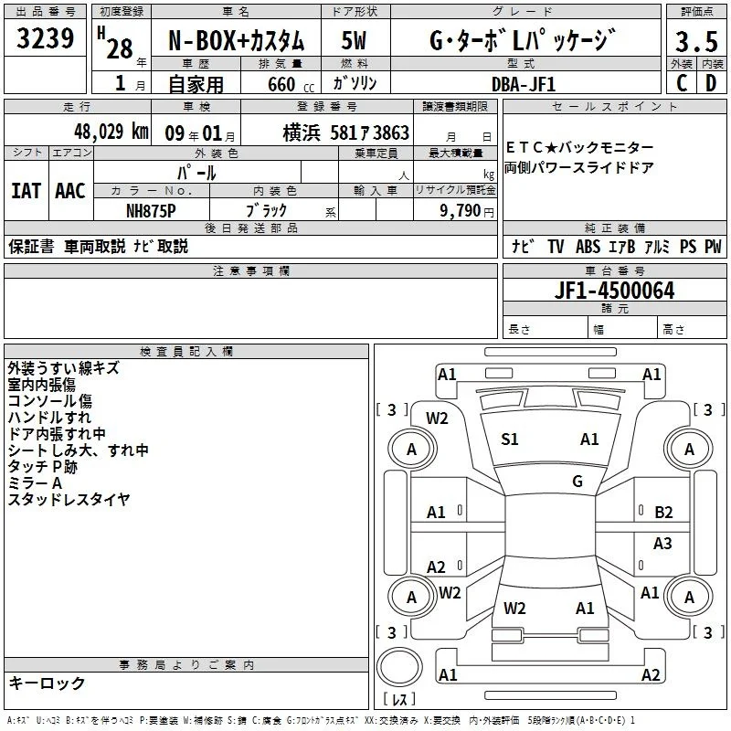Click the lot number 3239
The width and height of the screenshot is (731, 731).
[45, 38]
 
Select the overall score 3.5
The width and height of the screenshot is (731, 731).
[696, 41]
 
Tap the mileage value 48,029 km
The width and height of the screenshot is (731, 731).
[111, 132]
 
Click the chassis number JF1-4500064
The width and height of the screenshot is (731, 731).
[614, 291]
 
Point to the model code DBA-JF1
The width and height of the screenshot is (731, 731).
[523, 84]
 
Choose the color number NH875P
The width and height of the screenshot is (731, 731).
[151, 211]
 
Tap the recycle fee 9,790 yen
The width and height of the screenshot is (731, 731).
[467, 211]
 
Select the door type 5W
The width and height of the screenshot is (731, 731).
[354, 40]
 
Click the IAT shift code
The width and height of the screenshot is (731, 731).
[26, 191]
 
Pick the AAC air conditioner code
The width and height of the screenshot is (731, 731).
[70, 191]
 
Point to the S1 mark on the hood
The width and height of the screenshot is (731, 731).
[510, 440]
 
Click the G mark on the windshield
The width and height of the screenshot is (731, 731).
[577, 482]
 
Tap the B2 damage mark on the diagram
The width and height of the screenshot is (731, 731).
[663, 513]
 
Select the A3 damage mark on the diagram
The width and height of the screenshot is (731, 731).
[662, 543]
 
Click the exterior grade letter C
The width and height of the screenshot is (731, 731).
[682, 83]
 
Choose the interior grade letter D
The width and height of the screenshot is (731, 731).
[711, 83]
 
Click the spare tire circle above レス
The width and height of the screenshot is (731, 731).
[399, 667]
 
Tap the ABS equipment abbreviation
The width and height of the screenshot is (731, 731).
[588, 247]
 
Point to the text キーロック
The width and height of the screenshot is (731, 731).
[48, 683]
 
